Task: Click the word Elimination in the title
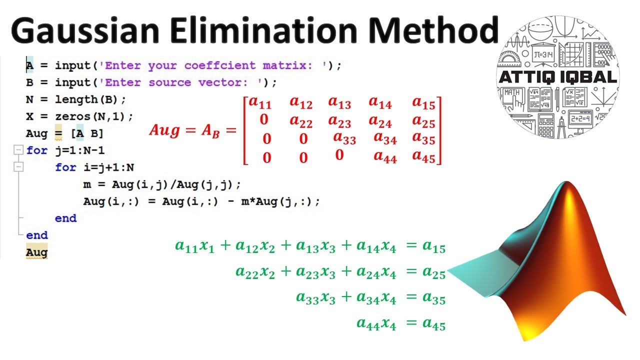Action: point(265,31)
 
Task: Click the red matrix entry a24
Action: point(380,121)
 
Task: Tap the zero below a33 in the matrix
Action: point(339,155)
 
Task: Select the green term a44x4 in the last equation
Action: point(376,324)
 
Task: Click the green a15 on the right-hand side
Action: point(433,246)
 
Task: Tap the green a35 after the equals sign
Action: point(433,298)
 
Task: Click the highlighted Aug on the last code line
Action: point(36,252)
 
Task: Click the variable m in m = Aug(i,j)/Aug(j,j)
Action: point(87,184)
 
